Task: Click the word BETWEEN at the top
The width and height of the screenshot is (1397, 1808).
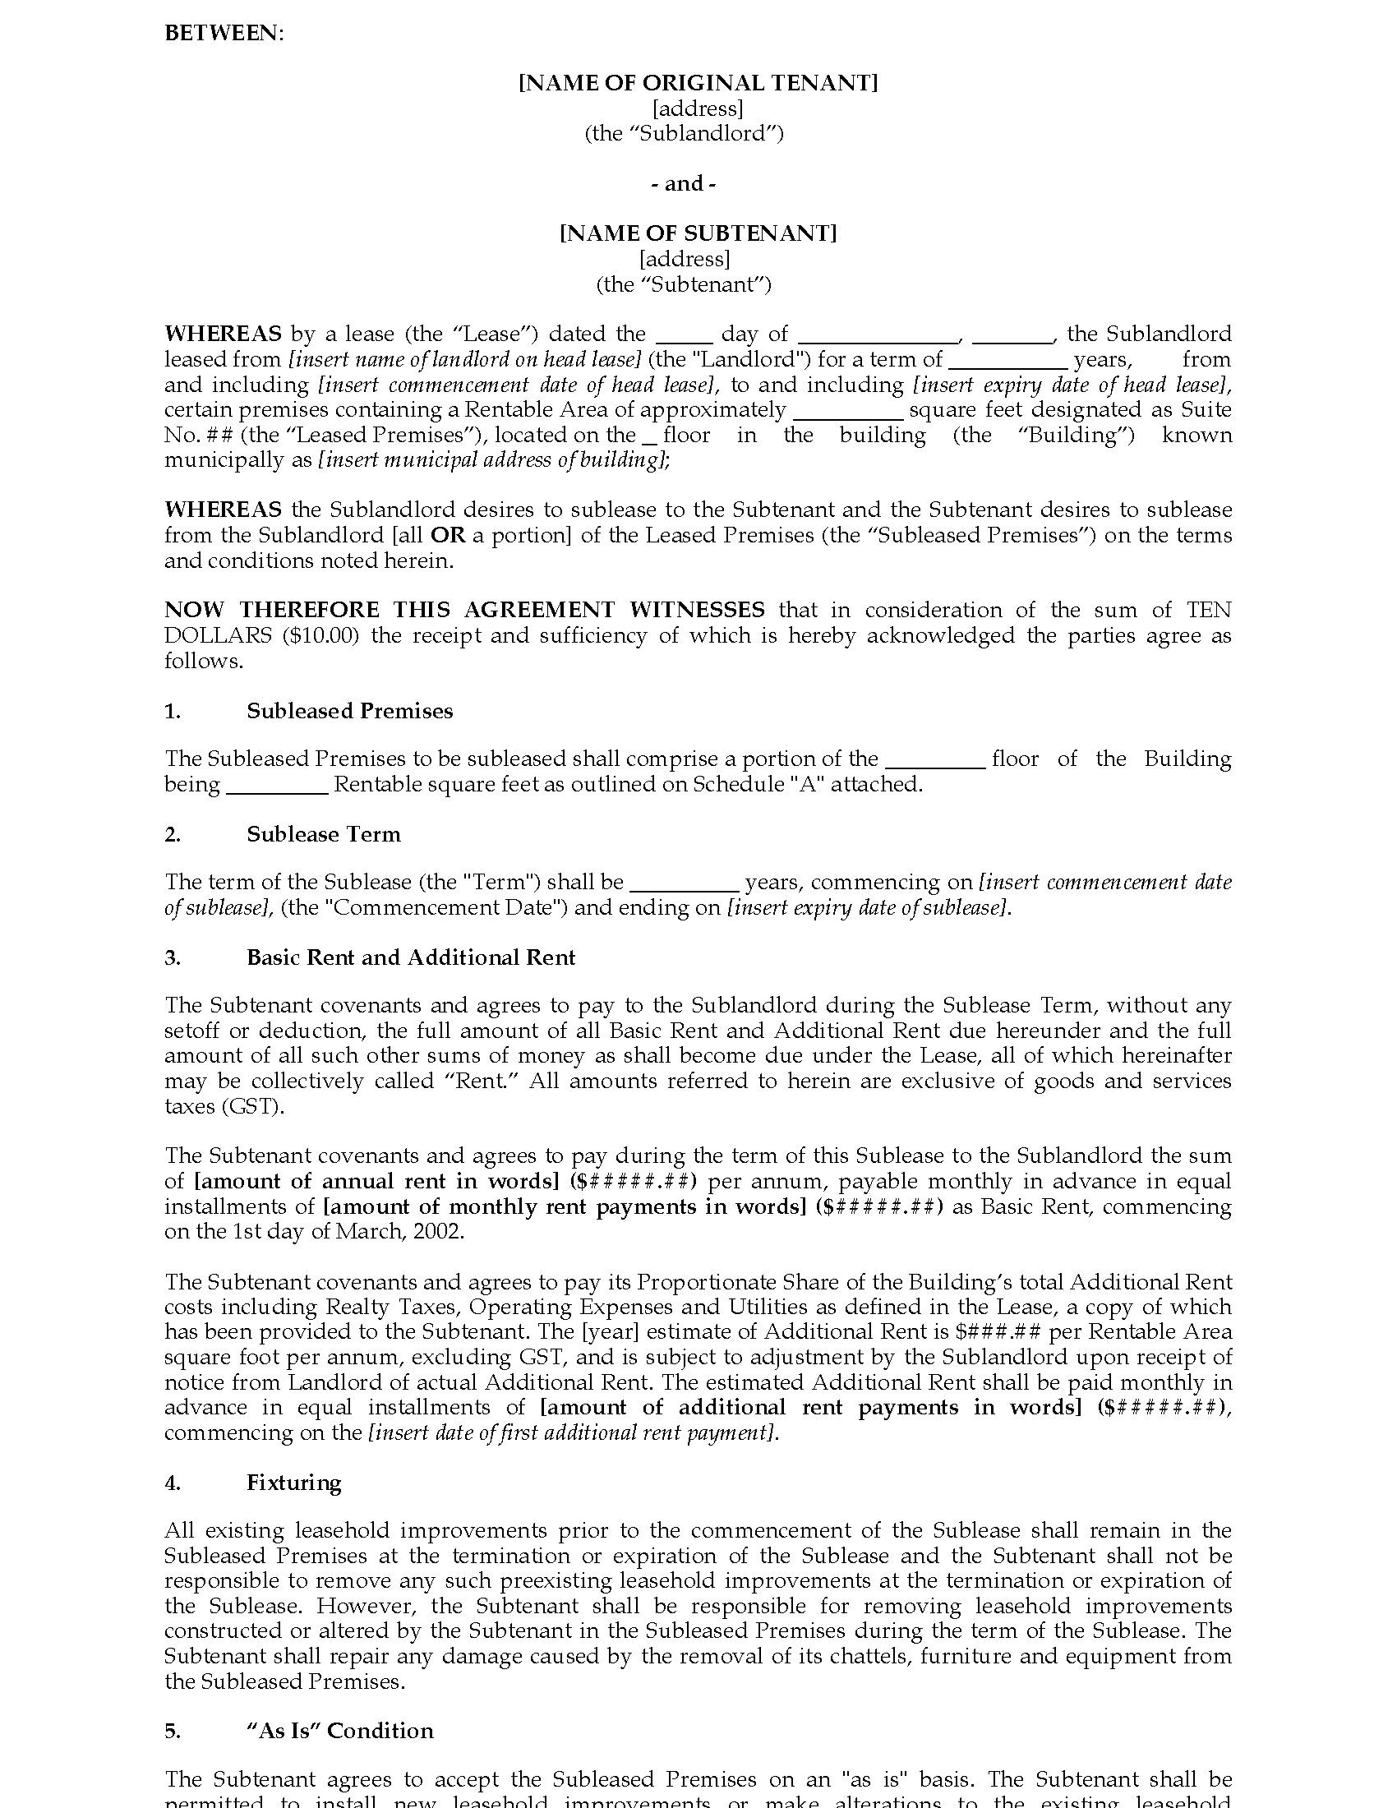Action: click(x=223, y=33)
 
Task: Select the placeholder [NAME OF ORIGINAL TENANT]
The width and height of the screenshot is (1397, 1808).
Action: click(x=698, y=83)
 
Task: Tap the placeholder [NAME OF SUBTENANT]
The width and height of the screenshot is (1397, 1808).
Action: click(x=698, y=233)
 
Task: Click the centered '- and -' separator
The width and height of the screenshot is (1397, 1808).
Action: click(x=683, y=183)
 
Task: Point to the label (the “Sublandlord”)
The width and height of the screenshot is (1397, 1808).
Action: click(x=684, y=133)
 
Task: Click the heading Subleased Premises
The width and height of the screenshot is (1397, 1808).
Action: click(x=349, y=711)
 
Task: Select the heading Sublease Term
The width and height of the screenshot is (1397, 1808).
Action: click(x=323, y=833)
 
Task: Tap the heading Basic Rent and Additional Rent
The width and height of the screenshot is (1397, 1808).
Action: click(x=411, y=957)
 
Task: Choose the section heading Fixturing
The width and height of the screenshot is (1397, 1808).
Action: click(x=294, y=1482)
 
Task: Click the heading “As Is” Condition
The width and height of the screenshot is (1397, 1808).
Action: click(x=339, y=1730)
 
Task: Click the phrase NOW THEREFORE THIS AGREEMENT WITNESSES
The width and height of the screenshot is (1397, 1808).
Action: click(x=464, y=610)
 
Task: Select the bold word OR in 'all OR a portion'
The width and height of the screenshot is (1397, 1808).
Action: click(x=448, y=535)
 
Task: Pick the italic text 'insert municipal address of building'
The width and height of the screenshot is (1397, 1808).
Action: click(x=492, y=460)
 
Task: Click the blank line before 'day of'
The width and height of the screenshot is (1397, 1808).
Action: click(x=685, y=335)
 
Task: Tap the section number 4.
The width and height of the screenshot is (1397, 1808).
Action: click(x=172, y=1482)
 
